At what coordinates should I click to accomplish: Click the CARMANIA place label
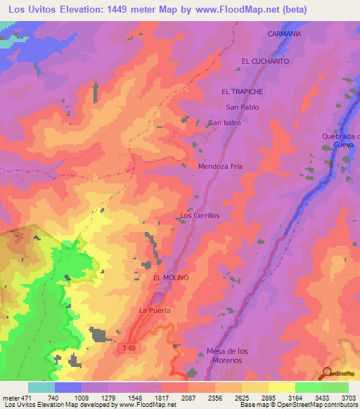pyautogui.click(x=284, y=34)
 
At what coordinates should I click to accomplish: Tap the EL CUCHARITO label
pyautogui.click(x=265, y=61)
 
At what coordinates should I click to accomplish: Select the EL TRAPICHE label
pyautogui.click(x=243, y=92)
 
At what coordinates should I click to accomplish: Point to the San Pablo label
pyautogui.click(x=242, y=107)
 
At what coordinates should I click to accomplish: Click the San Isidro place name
pyautogui.click(x=224, y=123)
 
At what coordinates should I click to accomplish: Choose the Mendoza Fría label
pyautogui.click(x=221, y=167)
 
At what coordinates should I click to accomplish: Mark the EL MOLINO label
pyautogui.click(x=171, y=278)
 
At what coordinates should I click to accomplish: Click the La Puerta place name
pyautogui.click(x=155, y=310)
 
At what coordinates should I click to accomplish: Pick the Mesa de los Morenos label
pyautogui.click(x=224, y=356)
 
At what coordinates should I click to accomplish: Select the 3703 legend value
pyautogui.click(x=349, y=397)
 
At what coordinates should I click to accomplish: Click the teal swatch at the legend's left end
pyautogui.click(x=41, y=387)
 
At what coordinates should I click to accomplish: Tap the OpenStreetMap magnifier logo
pyautogui.click(x=327, y=373)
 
